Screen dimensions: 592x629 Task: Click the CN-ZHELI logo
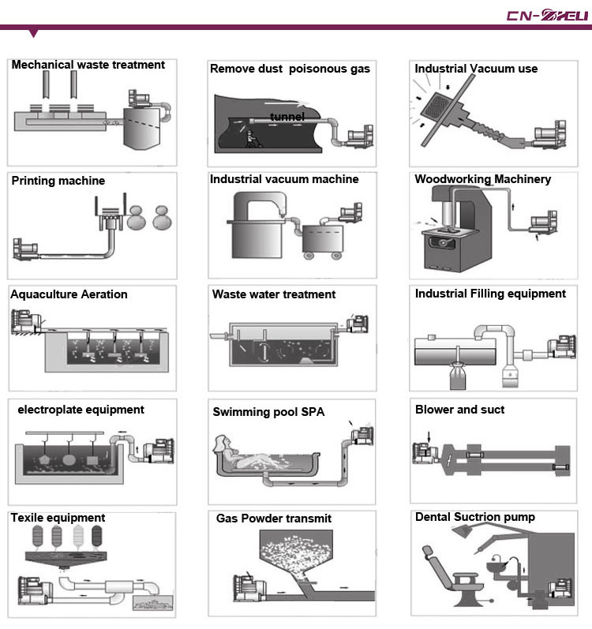point(547,15)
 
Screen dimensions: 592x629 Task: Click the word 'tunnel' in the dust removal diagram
point(287,117)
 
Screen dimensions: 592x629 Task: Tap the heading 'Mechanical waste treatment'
point(88,65)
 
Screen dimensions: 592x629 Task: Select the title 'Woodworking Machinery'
point(482,179)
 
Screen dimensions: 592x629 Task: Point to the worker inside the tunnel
point(252,139)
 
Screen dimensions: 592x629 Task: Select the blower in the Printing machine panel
point(25,249)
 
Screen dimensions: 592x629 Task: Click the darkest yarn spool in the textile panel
point(97,536)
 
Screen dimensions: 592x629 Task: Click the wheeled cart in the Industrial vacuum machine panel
point(323,241)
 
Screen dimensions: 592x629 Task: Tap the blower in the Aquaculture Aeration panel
point(26,321)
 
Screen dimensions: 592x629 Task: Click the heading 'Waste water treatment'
point(274,294)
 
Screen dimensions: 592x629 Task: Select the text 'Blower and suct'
point(459,410)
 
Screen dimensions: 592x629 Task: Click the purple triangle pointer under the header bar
point(34,33)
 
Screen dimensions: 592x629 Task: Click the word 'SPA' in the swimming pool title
point(313,412)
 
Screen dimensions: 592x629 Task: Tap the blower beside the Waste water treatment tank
point(358,324)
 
